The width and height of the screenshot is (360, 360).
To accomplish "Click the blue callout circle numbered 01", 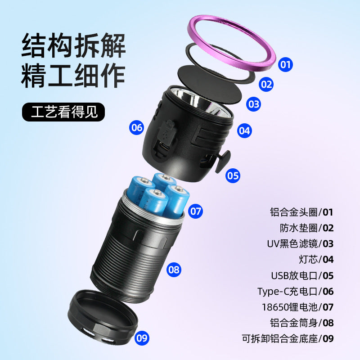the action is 285,64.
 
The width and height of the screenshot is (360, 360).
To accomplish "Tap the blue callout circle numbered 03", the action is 253,104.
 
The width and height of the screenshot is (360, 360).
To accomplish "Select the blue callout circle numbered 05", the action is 233,176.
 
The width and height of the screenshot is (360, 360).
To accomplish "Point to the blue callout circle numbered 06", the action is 137,127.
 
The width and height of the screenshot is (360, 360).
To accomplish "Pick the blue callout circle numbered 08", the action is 174,270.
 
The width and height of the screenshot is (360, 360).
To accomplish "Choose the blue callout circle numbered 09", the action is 142,338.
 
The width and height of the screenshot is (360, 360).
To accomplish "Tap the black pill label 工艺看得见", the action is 63,112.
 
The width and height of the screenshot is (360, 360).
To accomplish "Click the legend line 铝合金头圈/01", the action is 301,212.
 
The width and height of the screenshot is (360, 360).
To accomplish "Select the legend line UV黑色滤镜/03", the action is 300,244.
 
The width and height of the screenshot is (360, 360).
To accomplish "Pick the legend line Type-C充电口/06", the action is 296,292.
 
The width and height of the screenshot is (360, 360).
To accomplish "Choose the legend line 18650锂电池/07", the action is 298,307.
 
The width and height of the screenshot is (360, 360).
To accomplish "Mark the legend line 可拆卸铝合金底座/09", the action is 288,339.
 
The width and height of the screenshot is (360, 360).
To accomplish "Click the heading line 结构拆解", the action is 73,45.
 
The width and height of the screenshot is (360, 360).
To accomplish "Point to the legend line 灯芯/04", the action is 316,260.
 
